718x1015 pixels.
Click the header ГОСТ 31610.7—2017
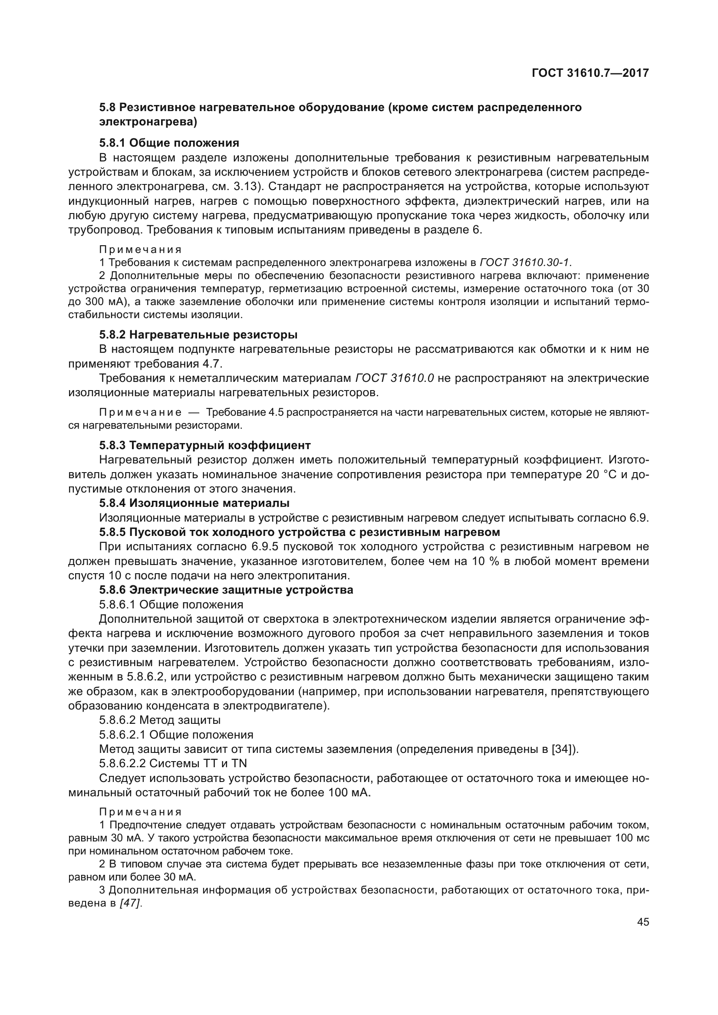point(590,73)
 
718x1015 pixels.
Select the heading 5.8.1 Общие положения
point(169,143)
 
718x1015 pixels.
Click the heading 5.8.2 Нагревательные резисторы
point(198,334)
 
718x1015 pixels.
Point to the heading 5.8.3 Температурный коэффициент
point(205,445)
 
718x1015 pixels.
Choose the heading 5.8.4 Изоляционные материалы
point(194,503)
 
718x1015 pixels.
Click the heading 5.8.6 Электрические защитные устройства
point(226,590)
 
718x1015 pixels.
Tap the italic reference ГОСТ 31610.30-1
point(525,263)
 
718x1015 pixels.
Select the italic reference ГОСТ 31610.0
point(394,378)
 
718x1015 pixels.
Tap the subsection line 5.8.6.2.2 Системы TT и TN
point(173,763)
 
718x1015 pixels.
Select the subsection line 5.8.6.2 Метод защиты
point(160,720)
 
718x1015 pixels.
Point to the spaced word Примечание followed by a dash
point(140,412)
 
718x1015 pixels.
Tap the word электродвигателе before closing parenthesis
point(279,706)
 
